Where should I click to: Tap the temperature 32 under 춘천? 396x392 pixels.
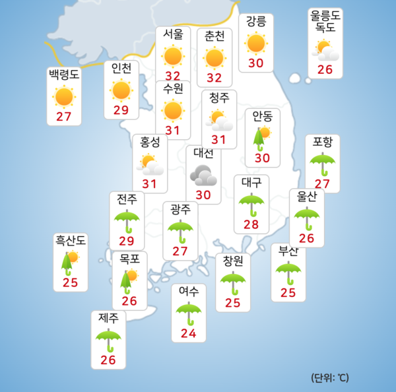tap(214, 79)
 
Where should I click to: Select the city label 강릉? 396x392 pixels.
tap(256, 22)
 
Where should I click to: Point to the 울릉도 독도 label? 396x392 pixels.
tap(327, 21)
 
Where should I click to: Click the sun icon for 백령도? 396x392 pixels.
tap(64, 96)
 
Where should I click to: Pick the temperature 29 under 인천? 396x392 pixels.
tap(121, 110)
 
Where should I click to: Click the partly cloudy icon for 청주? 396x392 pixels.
tap(220, 121)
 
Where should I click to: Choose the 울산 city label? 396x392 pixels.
tap(306, 197)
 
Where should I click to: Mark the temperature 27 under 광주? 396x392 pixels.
tap(180, 251)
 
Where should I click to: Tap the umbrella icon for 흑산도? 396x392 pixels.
tap(69, 262)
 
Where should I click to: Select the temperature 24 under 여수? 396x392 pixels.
tap(188, 333)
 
